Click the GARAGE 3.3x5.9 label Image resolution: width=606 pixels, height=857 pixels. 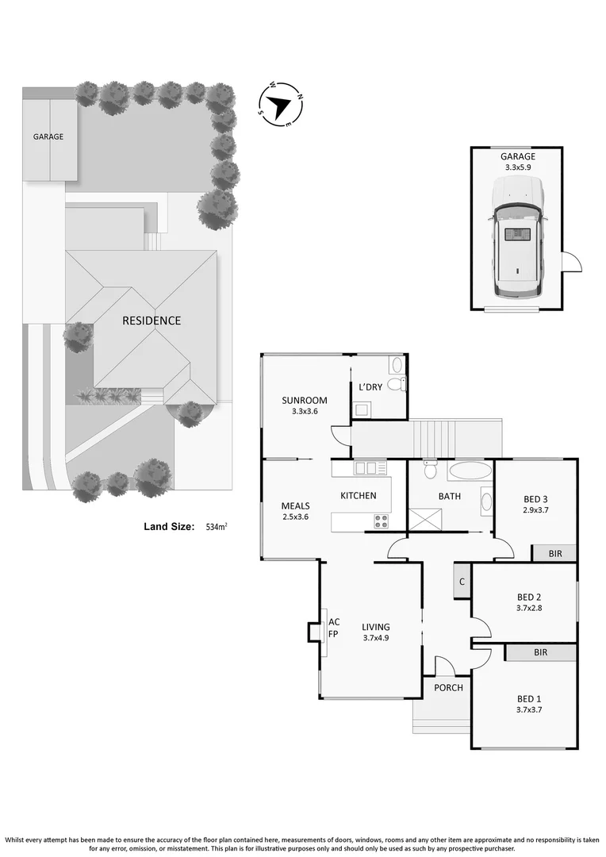click(516, 162)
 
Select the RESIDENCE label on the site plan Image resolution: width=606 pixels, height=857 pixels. click(151, 321)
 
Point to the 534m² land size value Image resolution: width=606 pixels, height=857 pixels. click(217, 526)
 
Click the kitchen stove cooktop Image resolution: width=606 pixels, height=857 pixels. click(381, 521)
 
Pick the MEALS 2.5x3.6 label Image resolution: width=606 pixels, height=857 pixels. click(295, 511)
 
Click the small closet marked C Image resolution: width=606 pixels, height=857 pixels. click(461, 583)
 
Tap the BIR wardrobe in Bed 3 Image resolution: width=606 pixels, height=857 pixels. click(554, 553)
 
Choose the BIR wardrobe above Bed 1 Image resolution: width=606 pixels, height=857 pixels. click(541, 652)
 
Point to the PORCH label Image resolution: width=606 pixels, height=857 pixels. click(448, 687)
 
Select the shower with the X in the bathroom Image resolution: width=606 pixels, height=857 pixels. click(424, 520)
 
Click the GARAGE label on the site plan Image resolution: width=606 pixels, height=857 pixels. click(48, 136)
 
